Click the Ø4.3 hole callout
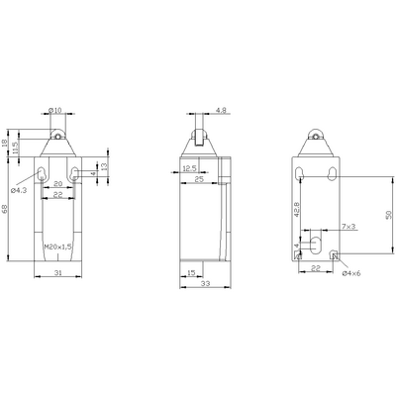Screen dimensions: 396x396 pos(20,187)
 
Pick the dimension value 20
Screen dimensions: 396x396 pos(57,184)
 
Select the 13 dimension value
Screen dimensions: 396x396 pos(104,167)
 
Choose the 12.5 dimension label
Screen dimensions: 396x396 pos(188,168)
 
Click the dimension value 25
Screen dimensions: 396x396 pos(198,180)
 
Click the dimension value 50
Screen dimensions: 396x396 pos(389,215)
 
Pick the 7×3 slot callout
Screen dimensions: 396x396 pos(349,228)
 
